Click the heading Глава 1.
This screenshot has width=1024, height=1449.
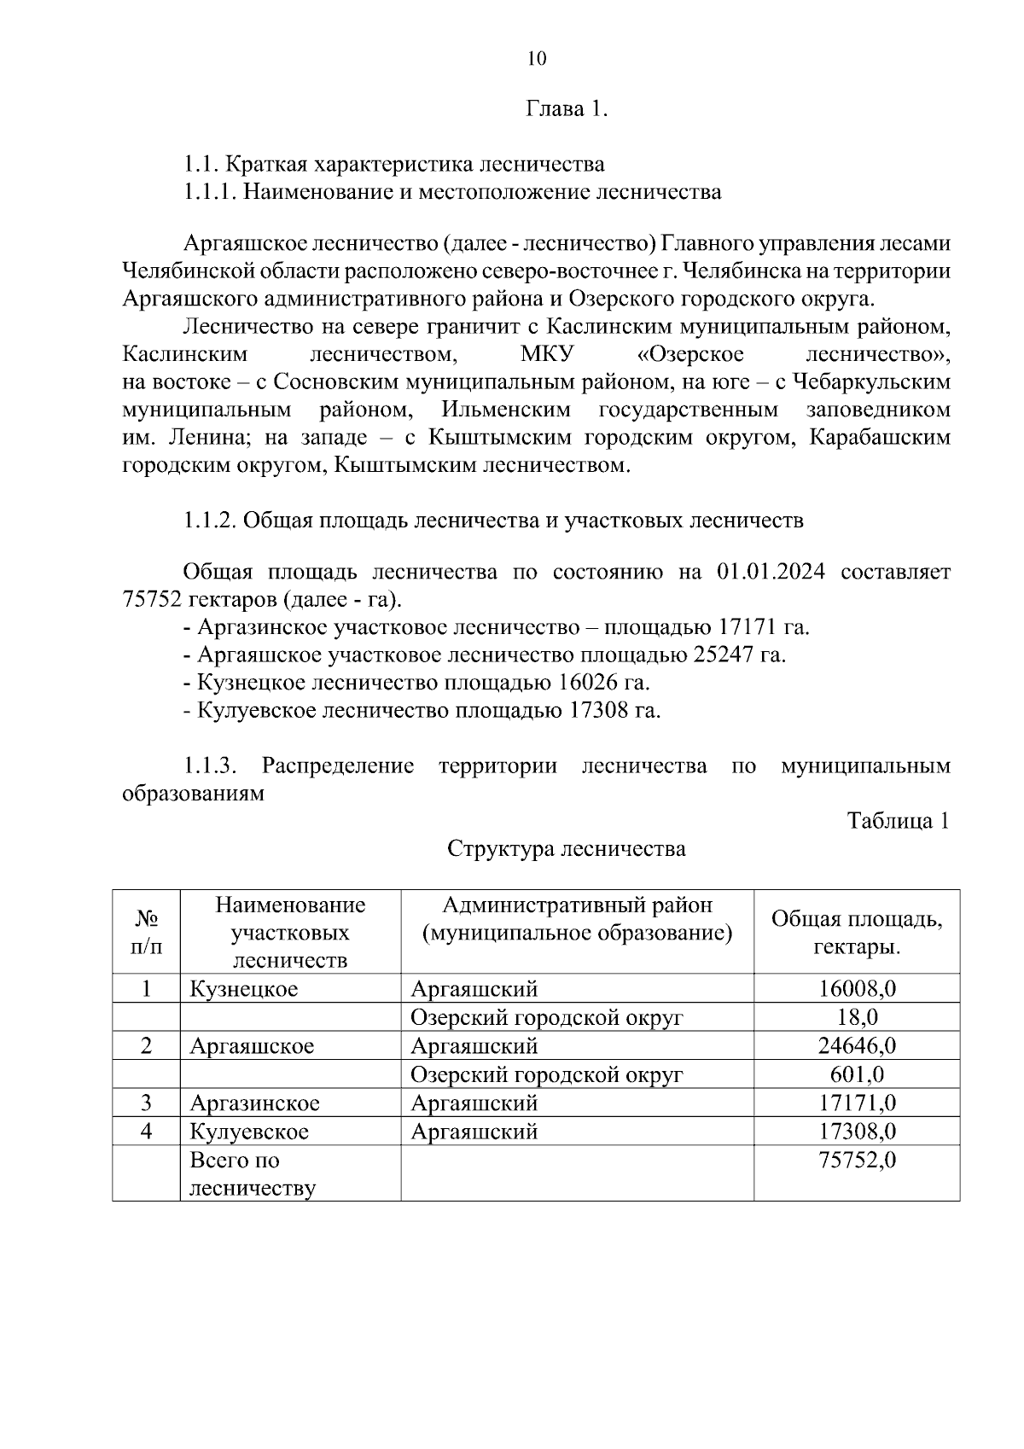(566, 109)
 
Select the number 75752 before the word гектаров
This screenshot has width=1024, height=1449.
(151, 599)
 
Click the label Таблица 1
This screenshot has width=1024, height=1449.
(897, 821)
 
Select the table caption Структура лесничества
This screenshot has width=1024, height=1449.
(566, 849)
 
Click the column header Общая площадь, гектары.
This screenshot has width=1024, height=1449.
(857, 932)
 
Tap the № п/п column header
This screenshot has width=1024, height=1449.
(146, 932)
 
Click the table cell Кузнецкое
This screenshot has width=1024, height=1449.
(244, 989)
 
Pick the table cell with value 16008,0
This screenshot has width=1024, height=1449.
(857, 989)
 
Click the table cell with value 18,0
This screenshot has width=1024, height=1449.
(857, 1017)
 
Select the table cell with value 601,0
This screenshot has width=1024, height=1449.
(857, 1074)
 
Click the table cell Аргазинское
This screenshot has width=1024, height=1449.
(254, 1103)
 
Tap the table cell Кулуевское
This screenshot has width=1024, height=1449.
(249, 1132)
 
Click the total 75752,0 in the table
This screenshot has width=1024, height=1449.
(857, 1161)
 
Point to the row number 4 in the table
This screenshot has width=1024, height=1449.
(146, 1132)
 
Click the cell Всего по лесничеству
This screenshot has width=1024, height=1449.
(252, 1174)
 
